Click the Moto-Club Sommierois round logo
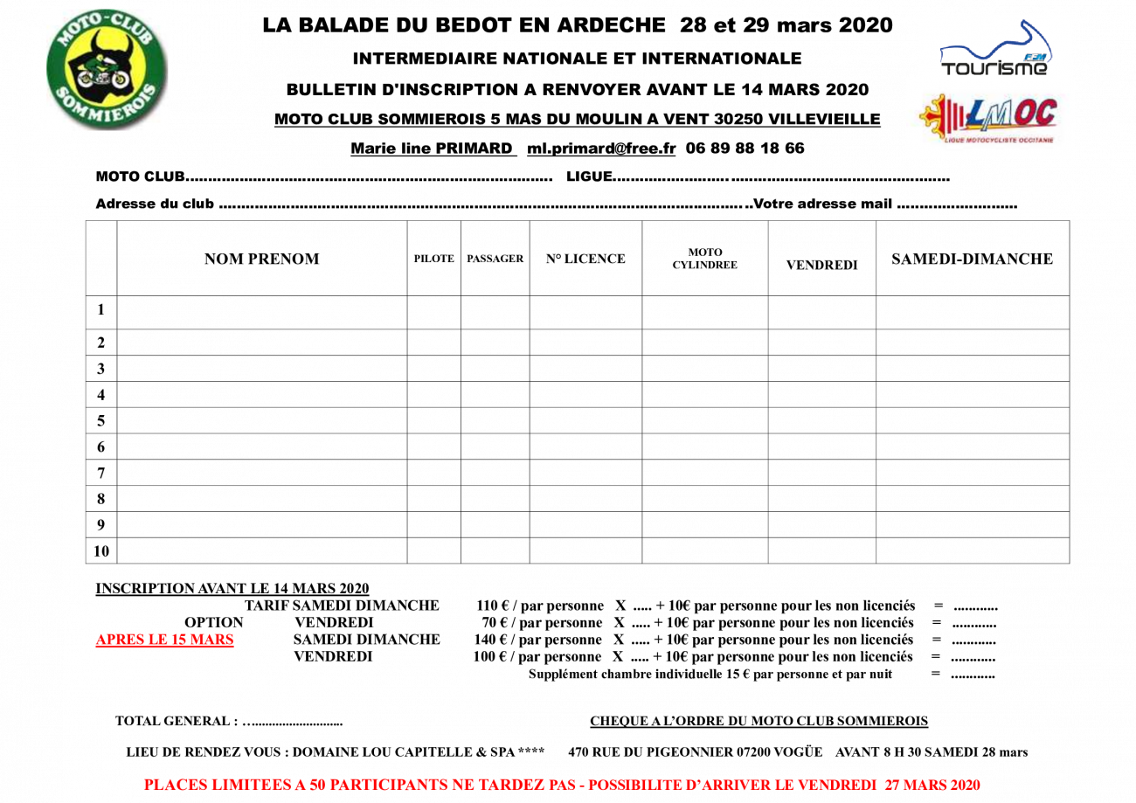tap(107, 69)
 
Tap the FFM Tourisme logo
tap(995, 49)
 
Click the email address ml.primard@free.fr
tap(601, 149)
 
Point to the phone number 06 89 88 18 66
tap(745, 148)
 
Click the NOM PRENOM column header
tap(261, 259)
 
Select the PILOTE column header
tap(433, 259)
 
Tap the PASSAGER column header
tap(495, 259)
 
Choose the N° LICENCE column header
tap(585, 259)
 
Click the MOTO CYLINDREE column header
tap(704, 259)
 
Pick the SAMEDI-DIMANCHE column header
tap(973, 259)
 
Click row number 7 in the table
tap(100, 473)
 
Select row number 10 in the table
tap(100, 551)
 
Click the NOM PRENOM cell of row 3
tap(261, 369)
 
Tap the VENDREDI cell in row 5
tap(821, 421)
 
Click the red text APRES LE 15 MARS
tap(165, 640)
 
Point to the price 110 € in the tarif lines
tap(493, 606)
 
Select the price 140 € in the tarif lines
tap(490, 640)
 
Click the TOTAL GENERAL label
tap(177, 721)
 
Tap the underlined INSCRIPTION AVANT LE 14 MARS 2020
tap(232, 589)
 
